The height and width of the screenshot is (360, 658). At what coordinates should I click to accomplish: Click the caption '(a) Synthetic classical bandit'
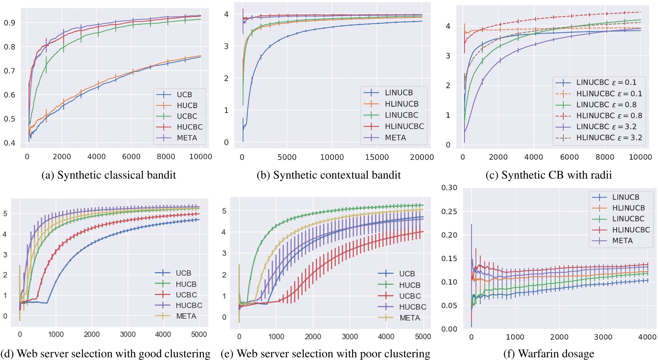(x=109, y=175)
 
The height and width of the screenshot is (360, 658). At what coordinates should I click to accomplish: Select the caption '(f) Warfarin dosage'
(x=549, y=354)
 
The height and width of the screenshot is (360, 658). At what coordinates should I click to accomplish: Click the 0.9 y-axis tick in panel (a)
(x=9, y=23)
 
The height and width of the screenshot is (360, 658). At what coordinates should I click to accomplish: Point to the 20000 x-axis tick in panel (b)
(x=422, y=157)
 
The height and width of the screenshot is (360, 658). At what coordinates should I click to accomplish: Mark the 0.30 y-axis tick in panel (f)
(x=449, y=188)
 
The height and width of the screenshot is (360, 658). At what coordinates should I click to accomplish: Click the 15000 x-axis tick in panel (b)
(x=377, y=157)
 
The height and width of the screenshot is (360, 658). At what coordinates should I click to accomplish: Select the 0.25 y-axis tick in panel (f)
(x=449, y=211)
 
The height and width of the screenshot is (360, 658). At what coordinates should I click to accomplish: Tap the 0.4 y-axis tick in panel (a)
(x=9, y=143)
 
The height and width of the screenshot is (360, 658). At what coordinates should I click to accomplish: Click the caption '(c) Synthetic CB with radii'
(x=548, y=175)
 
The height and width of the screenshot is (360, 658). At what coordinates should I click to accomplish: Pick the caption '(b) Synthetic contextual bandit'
(x=329, y=175)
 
